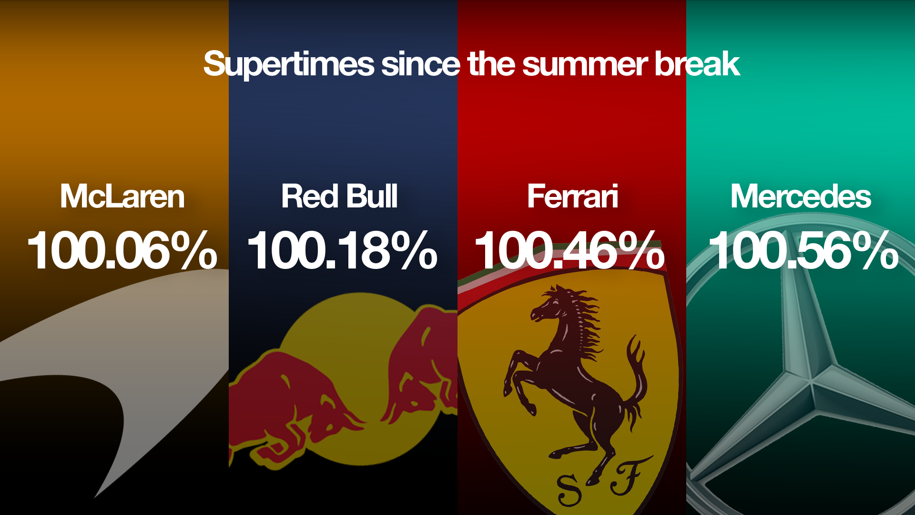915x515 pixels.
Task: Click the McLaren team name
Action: pyautogui.click(x=122, y=196)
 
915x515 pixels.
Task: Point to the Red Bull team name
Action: pyautogui.click(x=339, y=196)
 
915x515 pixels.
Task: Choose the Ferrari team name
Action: pyautogui.click(x=572, y=196)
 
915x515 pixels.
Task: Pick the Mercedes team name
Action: pyautogui.click(x=801, y=196)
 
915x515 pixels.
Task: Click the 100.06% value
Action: pyautogui.click(x=122, y=250)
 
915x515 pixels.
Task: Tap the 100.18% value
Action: pyautogui.click(x=342, y=250)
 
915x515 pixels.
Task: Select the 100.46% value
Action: pyautogui.click(x=569, y=250)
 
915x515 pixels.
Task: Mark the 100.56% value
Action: pyautogui.click(x=803, y=250)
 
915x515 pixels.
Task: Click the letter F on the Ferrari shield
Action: pyautogui.click(x=629, y=477)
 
